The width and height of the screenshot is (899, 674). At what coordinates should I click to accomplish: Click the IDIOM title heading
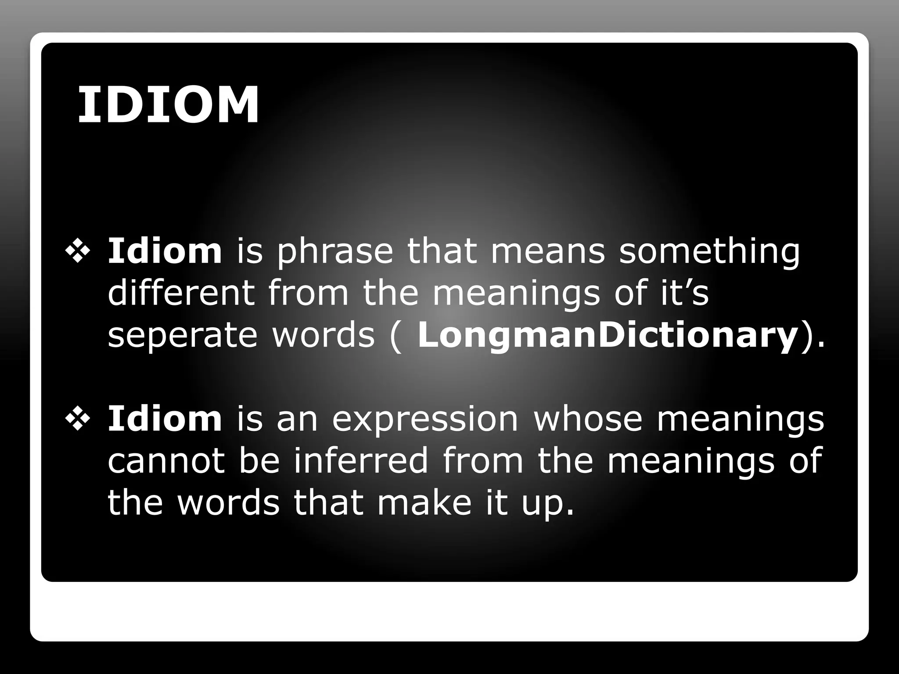[x=168, y=106]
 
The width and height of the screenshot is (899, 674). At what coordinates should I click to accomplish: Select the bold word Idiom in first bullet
[x=165, y=251]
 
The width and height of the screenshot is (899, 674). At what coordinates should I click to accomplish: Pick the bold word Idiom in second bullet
[x=165, y=419]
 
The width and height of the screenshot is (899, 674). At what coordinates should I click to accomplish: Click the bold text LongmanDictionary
[x=607, y=336]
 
